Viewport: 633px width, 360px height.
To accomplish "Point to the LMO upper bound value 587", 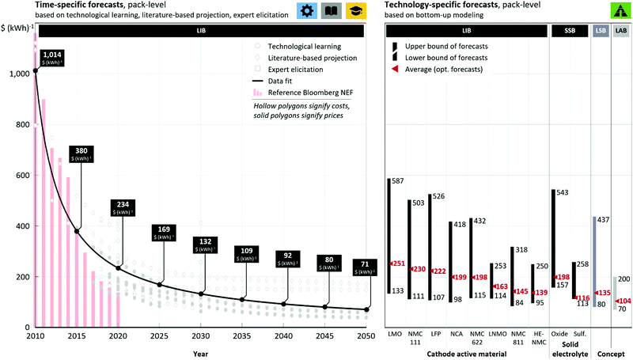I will [398, 181].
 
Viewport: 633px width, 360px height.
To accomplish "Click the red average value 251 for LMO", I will [397, 263].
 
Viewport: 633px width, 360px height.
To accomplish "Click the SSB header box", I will [570, 30].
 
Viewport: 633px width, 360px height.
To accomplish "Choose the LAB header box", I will [622, 30].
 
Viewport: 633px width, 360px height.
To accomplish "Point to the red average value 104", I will [623, 301].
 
